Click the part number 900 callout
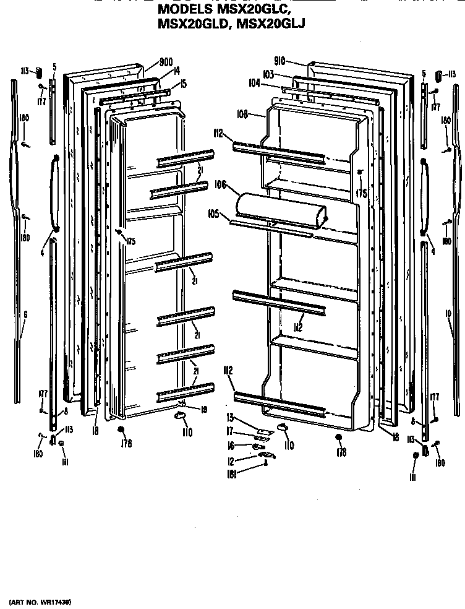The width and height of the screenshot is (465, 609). click(166, 62)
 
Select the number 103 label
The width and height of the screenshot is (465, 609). click(268, 74)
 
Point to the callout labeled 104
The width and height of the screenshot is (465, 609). click(254, 82)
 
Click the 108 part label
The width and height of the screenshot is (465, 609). click(242, 114)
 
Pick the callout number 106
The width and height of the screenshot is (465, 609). click(219, 184)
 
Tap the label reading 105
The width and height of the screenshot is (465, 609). click(214, 214)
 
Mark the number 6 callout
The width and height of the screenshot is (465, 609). click(26, 314)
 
